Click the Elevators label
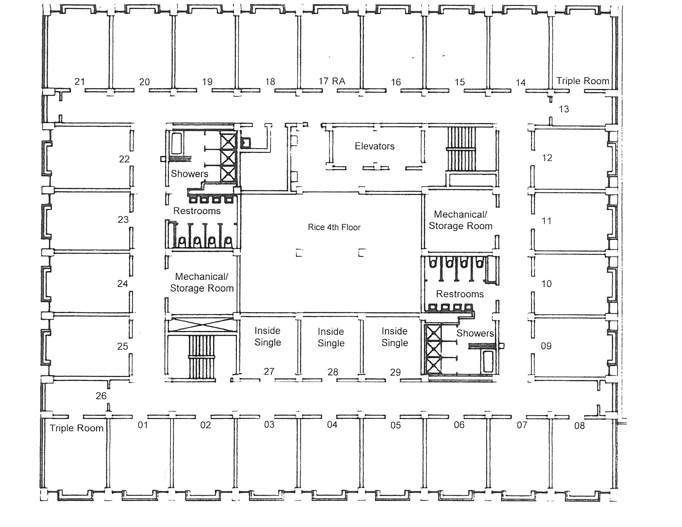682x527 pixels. point(374,146)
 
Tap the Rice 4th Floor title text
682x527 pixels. point(334,227)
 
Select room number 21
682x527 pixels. point(80,82)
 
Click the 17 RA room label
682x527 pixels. point(332,81)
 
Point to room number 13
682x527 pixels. point(564,109)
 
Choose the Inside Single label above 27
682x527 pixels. point(268,336)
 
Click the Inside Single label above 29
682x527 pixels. point(395,337)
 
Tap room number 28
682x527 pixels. point(333,372)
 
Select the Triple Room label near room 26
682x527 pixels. point(77,428)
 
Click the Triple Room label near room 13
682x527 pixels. point(583,81)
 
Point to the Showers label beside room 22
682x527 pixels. point(189,174)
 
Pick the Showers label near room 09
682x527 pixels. point(475,333)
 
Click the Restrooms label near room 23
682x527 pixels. point(197,211)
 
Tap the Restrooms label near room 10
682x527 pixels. point(460,294)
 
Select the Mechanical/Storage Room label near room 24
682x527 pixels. point(202,282)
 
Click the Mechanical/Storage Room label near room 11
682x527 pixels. point(460,220)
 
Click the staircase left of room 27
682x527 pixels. point(201,357)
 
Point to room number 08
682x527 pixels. point(579,426)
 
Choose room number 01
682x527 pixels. point(143,425)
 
